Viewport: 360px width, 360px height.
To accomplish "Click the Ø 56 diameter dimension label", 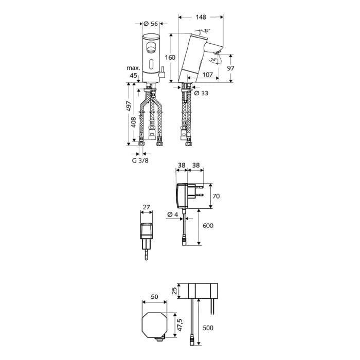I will click(x=150, y=24).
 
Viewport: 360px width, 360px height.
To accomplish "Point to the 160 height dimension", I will click(x=170, y=57).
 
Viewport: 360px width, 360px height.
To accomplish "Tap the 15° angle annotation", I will click(x=207, y=31).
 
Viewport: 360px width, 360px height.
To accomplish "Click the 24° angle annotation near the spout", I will click(x=213, y=60).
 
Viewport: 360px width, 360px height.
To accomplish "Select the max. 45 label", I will click(x=133, y=71).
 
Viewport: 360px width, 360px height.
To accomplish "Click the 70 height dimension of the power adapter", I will click(x=217, y=196).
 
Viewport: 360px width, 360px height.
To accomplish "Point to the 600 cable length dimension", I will click(x=208, y=226).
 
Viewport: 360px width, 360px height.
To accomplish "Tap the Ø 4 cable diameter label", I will click(x=172, y=214).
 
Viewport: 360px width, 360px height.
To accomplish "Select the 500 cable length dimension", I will click(x=208, y=328).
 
